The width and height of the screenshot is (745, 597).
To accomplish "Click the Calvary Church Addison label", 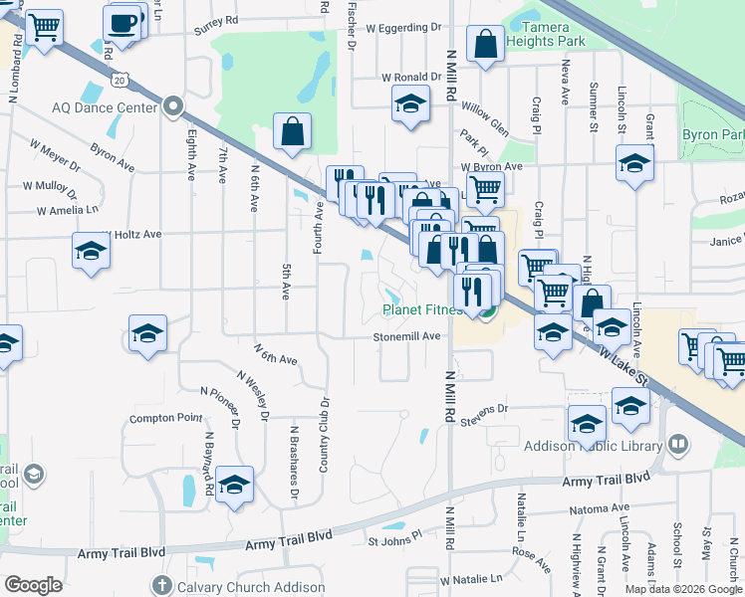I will coord(236,586).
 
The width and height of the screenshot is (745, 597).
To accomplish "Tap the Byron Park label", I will coord(713,134).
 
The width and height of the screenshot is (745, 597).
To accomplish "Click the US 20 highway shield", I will coord(120,79).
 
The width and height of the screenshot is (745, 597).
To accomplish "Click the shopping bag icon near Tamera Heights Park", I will coord(485,45).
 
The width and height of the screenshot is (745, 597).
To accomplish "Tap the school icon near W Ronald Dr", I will coord(409,104).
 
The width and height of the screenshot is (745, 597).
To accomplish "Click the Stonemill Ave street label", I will coord(406,336).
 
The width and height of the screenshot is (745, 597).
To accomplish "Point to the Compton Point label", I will coord(165,418).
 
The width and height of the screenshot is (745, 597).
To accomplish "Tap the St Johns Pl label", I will coord(395,542).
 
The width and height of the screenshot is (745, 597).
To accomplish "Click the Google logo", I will coord(33,585).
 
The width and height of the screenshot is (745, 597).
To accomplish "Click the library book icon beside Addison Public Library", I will coord(677,444).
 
